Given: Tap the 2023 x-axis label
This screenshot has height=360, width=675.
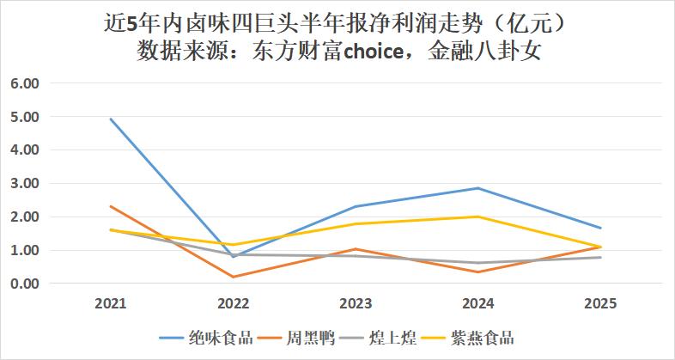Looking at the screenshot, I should click(356, 303).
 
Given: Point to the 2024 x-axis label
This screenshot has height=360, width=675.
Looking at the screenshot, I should click(478, 303).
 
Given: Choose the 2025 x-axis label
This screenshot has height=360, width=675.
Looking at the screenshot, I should click(600, 303).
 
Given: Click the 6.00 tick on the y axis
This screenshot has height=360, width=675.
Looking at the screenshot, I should click(26, 83).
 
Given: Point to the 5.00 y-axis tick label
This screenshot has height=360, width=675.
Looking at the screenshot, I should click(26, 116).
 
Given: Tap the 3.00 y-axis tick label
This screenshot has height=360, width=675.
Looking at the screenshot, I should click(26, 183).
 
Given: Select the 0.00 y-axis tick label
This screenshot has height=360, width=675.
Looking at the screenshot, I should click(26, 284).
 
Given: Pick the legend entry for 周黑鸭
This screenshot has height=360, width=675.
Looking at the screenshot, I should click(312, 338).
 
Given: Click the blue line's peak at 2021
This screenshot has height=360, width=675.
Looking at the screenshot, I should click(110, 119).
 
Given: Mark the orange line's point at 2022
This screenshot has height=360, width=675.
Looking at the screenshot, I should click(233, 277).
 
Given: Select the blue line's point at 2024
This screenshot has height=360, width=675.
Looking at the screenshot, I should click(478, 188).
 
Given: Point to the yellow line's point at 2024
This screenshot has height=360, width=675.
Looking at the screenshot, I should click(478, 217).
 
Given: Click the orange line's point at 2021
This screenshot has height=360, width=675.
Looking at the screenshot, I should click(110, 206).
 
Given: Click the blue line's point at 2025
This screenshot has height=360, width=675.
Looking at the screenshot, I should click(600, 228).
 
